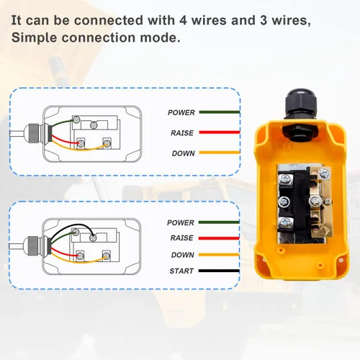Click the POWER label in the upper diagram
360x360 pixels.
(x=181, y=112)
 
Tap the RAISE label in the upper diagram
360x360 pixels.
(x=182, y=133)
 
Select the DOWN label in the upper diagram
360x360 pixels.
(x=184, y=153)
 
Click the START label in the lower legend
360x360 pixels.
(x=181, y=271)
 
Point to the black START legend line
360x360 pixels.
(x=219, y=271)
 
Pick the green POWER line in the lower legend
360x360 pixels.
(x=219, y=222)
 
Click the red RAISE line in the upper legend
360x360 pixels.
(x=220, y=132)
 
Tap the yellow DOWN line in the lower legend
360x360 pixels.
(x=219, y=255)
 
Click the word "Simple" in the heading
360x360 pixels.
(x=35, y=37)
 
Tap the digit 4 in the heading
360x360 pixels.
(x=183, y=20)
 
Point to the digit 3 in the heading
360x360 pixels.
(x=264, y=20)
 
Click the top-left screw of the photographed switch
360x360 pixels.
(x=285, y=179)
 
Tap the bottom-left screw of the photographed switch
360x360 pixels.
(x=286, y=222)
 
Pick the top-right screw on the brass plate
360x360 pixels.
(x=325, y=174)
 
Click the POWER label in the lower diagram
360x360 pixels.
(x=181, y=222)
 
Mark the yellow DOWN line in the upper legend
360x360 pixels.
(x=220, y=153)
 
